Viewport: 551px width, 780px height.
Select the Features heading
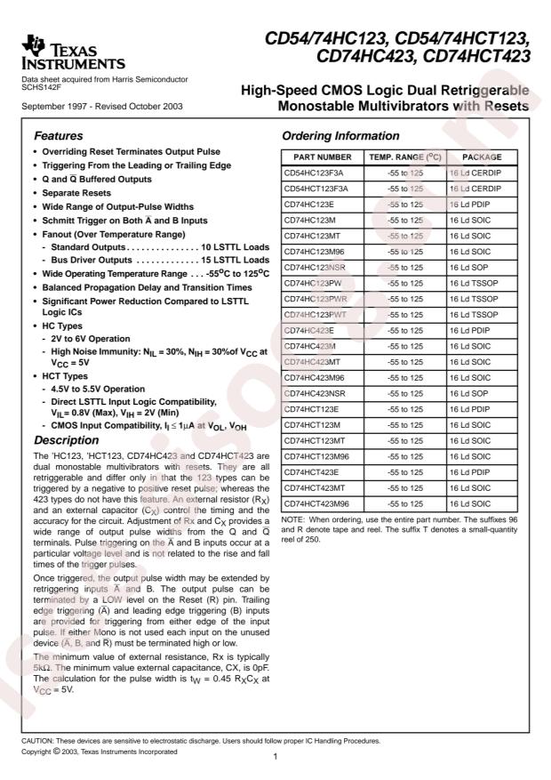59,137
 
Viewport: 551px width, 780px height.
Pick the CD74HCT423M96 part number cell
318,503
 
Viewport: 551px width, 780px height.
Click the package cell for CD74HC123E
472,204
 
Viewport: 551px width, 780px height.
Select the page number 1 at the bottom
276,756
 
